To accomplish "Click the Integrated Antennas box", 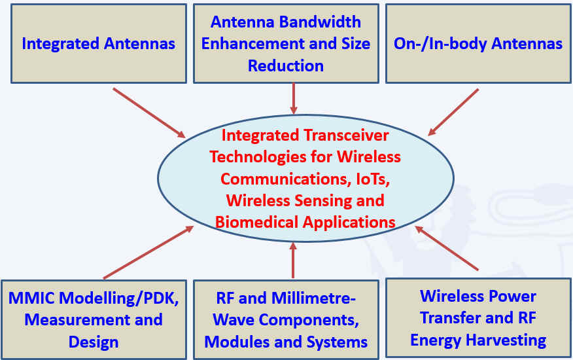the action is click(x=99, y=44).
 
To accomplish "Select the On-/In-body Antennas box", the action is click(x=478, y=44).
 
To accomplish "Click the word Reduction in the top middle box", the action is click(x=286, y=66).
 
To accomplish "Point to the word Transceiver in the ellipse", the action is click(x=347, y=135).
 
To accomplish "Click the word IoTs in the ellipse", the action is click(x=372, y=179).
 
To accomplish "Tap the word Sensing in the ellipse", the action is click(x=322, y=200).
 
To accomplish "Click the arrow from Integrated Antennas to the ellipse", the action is click(x=149, y=113).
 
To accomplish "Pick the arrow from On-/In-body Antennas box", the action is click(x=453, y=112).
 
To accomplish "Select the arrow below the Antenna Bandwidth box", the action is click(x=293, y=99).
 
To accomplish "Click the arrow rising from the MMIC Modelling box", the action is click(x=148, y=253).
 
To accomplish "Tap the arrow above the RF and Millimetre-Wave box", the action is click(x=292, y=260).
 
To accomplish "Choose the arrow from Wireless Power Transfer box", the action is click(x=447, y=249).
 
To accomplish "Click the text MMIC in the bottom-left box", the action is click(x=32, y=298).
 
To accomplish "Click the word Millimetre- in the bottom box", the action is click(x=314, y=298).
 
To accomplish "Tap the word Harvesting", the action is click(x=512, y=340).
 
